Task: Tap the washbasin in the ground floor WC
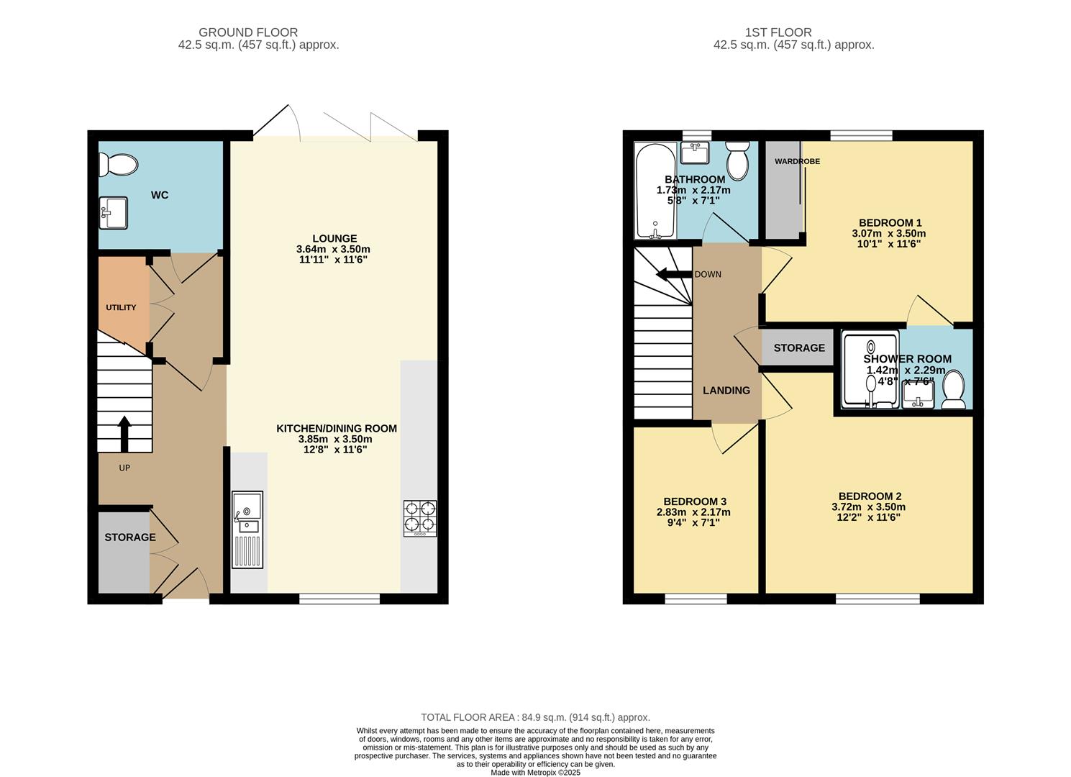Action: coord(113,213)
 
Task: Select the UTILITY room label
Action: coord(121,307)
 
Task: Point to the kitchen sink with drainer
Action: coord(247,530)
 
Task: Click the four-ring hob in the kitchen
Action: coord(420,518)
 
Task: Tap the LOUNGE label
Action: coord(334,238)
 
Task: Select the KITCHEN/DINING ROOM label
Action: coord(337,428)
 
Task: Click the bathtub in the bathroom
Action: coord(654,191)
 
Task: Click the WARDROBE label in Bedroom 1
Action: coord(797,161)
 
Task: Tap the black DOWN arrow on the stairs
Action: coord(674,274)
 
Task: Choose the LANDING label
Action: coord(726,390)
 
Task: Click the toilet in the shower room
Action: coord(954,390)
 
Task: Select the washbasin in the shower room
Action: coord(918,394)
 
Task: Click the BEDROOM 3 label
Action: coord(694,501)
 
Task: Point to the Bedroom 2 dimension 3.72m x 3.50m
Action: coord(869,506)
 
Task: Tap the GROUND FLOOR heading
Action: coord(247,32)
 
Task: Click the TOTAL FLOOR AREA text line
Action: coord(535,717)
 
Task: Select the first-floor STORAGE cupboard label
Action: coord(799,347)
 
